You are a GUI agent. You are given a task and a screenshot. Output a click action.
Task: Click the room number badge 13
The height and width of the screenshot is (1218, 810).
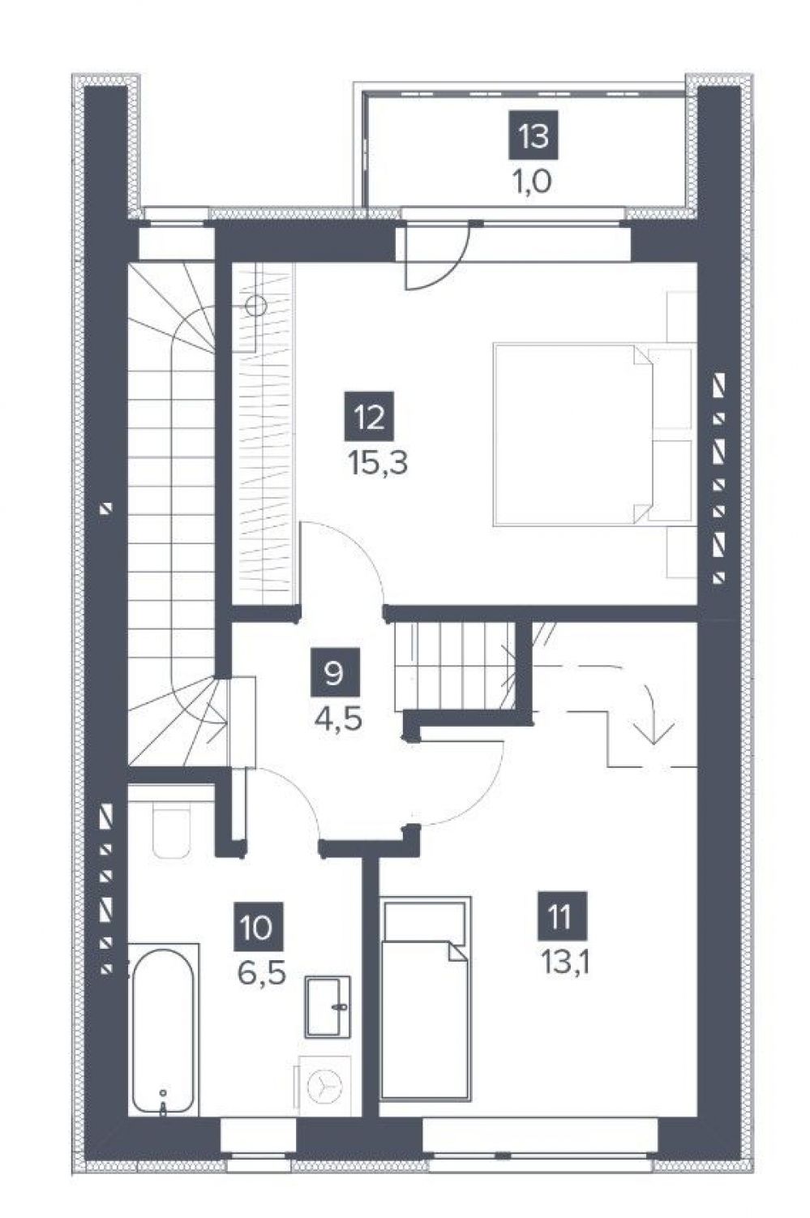coord(534,135)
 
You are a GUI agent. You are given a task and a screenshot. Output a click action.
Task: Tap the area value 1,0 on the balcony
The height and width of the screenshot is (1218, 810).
coord(533,182)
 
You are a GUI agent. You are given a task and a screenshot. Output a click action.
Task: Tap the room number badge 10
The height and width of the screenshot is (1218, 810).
coord(258,927)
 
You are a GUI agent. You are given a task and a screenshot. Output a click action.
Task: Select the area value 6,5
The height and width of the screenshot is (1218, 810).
coord(261,976)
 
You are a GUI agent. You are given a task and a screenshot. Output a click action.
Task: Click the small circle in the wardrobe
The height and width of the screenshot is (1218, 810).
coord(255,307)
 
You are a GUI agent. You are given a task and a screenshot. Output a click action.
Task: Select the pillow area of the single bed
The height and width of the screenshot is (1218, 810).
coord(425,924)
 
